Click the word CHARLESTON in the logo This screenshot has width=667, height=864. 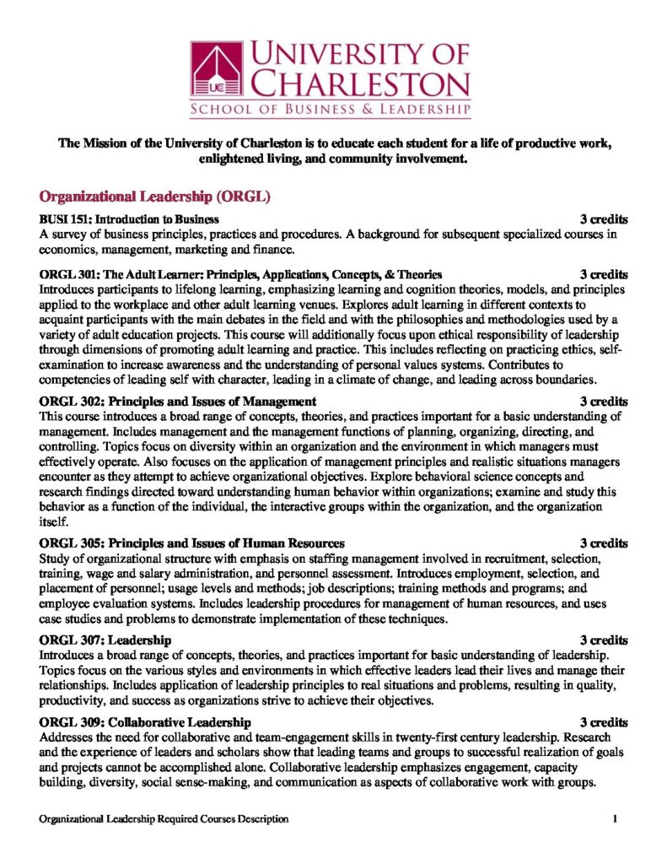[x=362, y=84]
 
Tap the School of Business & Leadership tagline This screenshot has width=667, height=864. [x=331, y=111]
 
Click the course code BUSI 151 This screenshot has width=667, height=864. [x=64, y=219]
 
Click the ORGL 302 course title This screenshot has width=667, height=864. [x=178, y=401]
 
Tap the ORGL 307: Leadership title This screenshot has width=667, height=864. [x=105, y=640]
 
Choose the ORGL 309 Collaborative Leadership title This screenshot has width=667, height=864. [x=145, y=722]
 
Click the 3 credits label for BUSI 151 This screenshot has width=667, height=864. [x=604, y=219]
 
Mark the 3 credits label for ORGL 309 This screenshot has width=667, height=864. [x=604, y=722]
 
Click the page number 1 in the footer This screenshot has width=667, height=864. [x=616, y=818]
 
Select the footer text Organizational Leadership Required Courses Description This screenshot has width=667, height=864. [x=164, y=818]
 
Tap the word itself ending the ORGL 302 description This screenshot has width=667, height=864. [x=53, y=522]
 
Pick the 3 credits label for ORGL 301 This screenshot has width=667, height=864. [x=604, y=274]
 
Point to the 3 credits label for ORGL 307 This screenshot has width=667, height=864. [x=604, y=640]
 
